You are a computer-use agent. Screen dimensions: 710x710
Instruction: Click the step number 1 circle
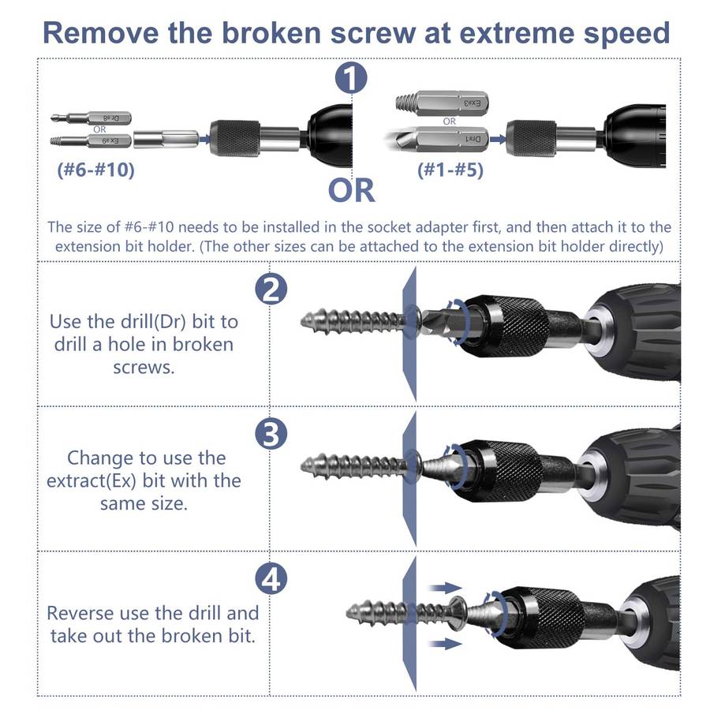pos(351,78)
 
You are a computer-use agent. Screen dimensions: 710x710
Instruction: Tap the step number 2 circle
pos(271,289)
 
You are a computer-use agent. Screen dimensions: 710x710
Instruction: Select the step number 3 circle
pos(271,433)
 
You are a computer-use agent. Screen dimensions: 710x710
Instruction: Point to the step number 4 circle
pos(271,578)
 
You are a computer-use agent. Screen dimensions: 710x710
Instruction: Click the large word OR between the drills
pos(351,190)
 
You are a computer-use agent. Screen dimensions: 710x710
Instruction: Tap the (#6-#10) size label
pos(96,170)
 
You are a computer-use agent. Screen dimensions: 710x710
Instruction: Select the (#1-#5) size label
pos(450,170)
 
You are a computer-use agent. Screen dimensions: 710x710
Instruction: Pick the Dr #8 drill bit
pos(91,118)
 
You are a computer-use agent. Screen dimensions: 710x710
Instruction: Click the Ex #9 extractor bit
pos(91,141)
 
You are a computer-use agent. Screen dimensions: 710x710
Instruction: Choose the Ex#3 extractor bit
pos(442,103)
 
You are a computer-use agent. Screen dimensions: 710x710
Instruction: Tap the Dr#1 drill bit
pos(437,139)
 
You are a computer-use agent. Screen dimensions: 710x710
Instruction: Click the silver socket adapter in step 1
pos(166,139)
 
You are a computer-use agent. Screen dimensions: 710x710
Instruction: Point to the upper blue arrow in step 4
pos(446,588)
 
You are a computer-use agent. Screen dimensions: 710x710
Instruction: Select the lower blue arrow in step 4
pos(446,644)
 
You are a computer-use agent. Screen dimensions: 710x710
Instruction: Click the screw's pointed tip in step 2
pos(302,322)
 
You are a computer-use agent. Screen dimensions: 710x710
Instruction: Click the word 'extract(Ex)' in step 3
pos(92,481)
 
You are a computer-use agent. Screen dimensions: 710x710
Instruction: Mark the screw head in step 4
pos(458,614)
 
